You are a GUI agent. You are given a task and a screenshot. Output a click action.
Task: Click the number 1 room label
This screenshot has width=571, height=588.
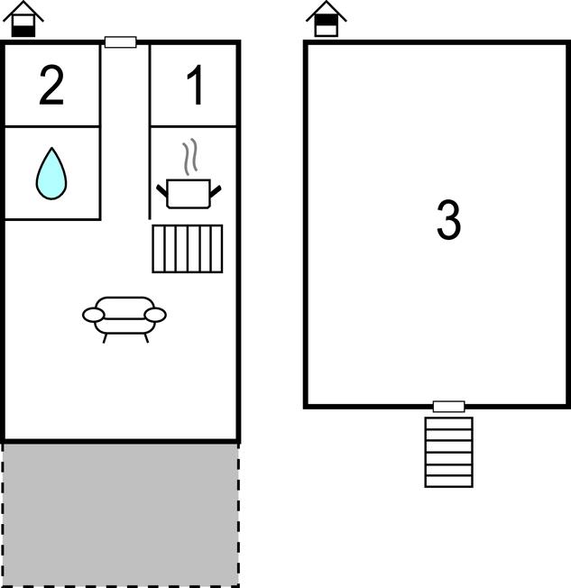(x=196, y=85)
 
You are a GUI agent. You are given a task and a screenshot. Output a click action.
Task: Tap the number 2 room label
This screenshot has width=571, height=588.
(x=51, y=85)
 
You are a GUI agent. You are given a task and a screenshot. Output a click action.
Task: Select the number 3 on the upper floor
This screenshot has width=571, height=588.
(x=448, y=220)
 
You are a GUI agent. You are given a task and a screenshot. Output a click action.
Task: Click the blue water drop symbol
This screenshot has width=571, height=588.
(x=51, y=173)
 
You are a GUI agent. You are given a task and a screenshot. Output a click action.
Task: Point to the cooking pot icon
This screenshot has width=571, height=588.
(x=189, y=194)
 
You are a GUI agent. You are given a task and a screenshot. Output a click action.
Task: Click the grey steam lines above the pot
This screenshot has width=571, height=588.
(x=190, y=156)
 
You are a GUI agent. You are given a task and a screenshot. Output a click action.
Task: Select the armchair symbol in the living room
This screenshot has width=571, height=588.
(x=124, y=319)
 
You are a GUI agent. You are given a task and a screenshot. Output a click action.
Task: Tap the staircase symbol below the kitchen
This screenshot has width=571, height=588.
(x=188, y=249)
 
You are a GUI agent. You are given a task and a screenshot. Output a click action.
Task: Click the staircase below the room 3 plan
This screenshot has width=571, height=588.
(x=448, y=452)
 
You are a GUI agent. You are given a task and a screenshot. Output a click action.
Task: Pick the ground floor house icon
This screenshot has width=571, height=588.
(x=23, y=19)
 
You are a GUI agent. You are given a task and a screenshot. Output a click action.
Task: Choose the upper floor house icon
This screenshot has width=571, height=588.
(x=327, y=19)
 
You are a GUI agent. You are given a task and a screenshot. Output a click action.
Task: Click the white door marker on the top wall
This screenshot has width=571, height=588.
(x=121, y=42)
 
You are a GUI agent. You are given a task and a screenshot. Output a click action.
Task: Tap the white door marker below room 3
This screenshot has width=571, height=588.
(x=448, y=407)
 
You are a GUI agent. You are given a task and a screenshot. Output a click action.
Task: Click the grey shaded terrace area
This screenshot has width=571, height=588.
(x=121, y=514)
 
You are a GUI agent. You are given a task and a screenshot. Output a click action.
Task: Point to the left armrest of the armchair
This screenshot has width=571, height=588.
(x=93, y=315)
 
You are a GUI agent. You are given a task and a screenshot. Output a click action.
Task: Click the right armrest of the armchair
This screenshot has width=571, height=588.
(x=155, y=315)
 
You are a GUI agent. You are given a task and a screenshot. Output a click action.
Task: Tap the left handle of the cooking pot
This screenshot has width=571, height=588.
(x=162, y=191)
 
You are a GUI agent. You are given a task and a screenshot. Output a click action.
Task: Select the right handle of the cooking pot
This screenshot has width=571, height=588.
(x=216, y=191)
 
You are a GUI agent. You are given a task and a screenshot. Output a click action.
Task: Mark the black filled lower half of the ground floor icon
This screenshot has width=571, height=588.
(x=23, y=32)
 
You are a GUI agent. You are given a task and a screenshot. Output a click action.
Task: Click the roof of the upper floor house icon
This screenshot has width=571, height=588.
(x=327, y=11)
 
